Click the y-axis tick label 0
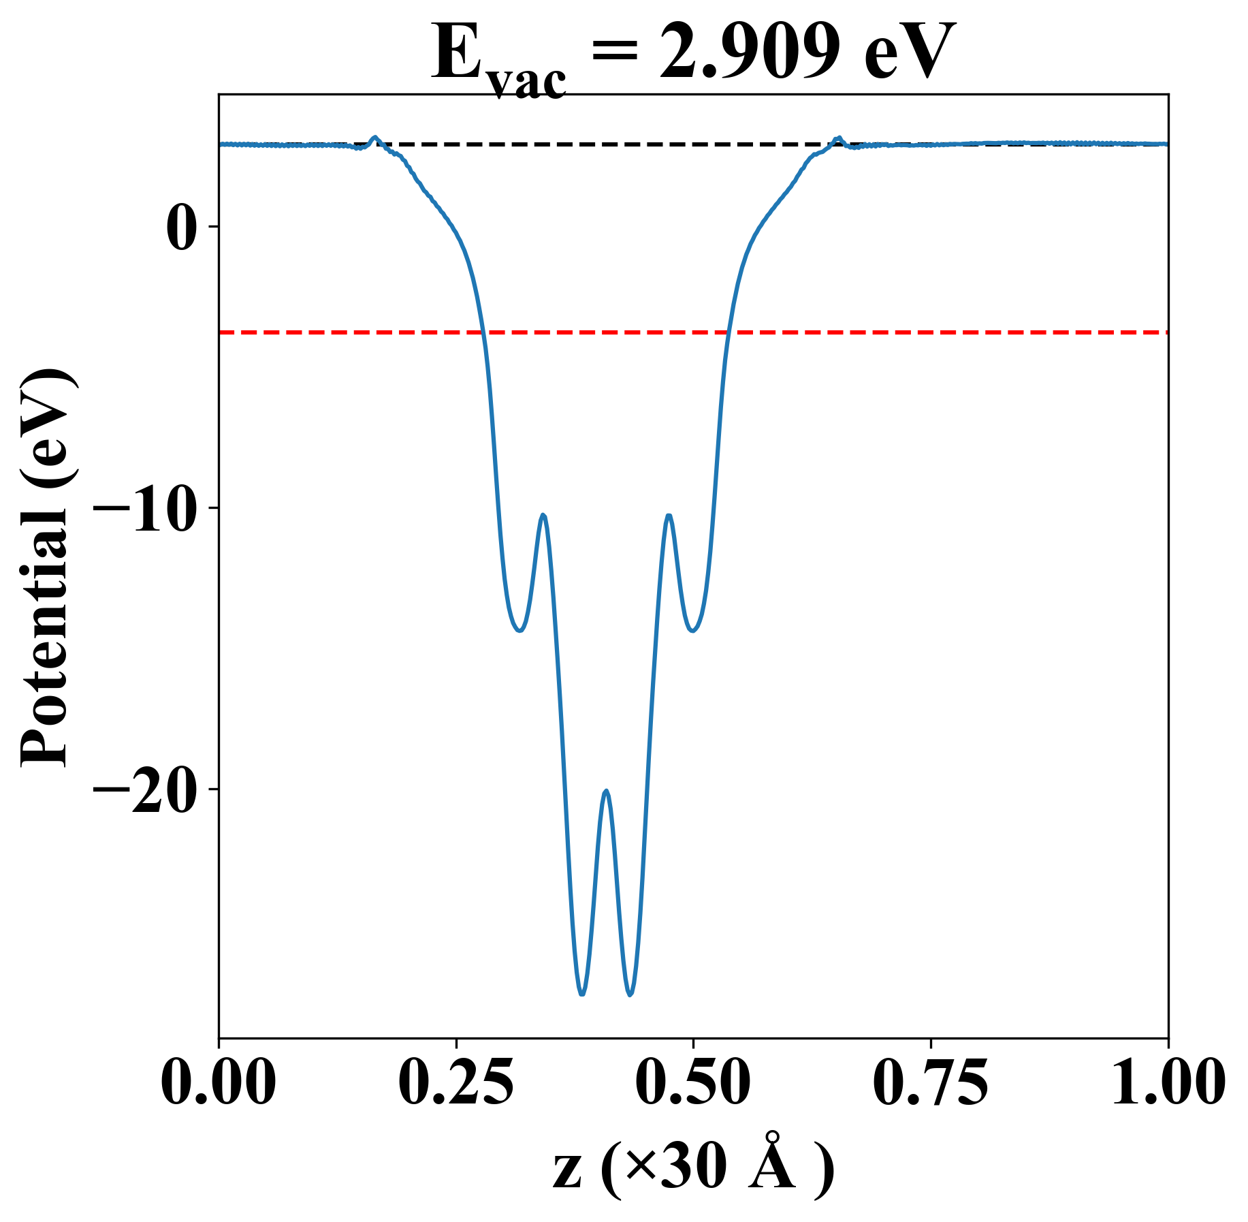[182, 227]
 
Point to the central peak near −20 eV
[606, 792]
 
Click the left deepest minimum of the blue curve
[581, 994]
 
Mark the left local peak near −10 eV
[543, 516]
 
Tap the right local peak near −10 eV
[669, 516]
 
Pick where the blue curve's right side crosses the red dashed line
[727, 332]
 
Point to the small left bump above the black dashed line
[374, 138]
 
